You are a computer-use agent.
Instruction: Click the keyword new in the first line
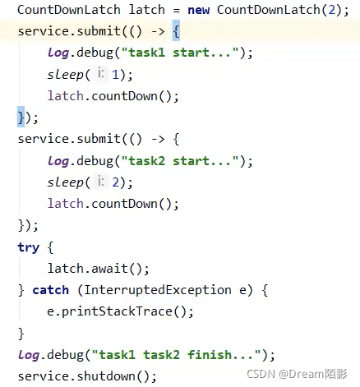[198, 10]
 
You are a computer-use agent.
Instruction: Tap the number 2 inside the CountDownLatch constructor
[332, 10]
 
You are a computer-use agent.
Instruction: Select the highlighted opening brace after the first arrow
[176, 31]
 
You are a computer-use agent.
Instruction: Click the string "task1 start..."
[180, 53]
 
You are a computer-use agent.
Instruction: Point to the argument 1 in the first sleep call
[115, 75]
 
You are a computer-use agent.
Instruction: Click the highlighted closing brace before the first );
[21, 117]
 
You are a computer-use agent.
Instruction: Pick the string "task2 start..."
[180, 161]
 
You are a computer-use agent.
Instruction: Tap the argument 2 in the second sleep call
[115, 182]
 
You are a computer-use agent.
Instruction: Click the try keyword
[29, 248]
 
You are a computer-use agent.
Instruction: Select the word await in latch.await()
[109, 268]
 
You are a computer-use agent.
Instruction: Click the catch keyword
[50, 290]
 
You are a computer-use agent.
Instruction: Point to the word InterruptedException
[157, 290]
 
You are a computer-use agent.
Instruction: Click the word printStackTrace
[117, 311]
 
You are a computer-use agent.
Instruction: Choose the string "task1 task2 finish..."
[177, 355]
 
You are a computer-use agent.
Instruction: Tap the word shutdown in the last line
[106, 376]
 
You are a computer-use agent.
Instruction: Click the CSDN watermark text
[297, 374]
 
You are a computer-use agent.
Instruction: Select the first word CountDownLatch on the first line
[69, 10]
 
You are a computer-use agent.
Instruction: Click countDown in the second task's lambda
[124, 204]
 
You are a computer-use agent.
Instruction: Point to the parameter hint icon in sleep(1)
[101, 73]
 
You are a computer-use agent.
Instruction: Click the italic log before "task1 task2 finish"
[29, 355]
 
